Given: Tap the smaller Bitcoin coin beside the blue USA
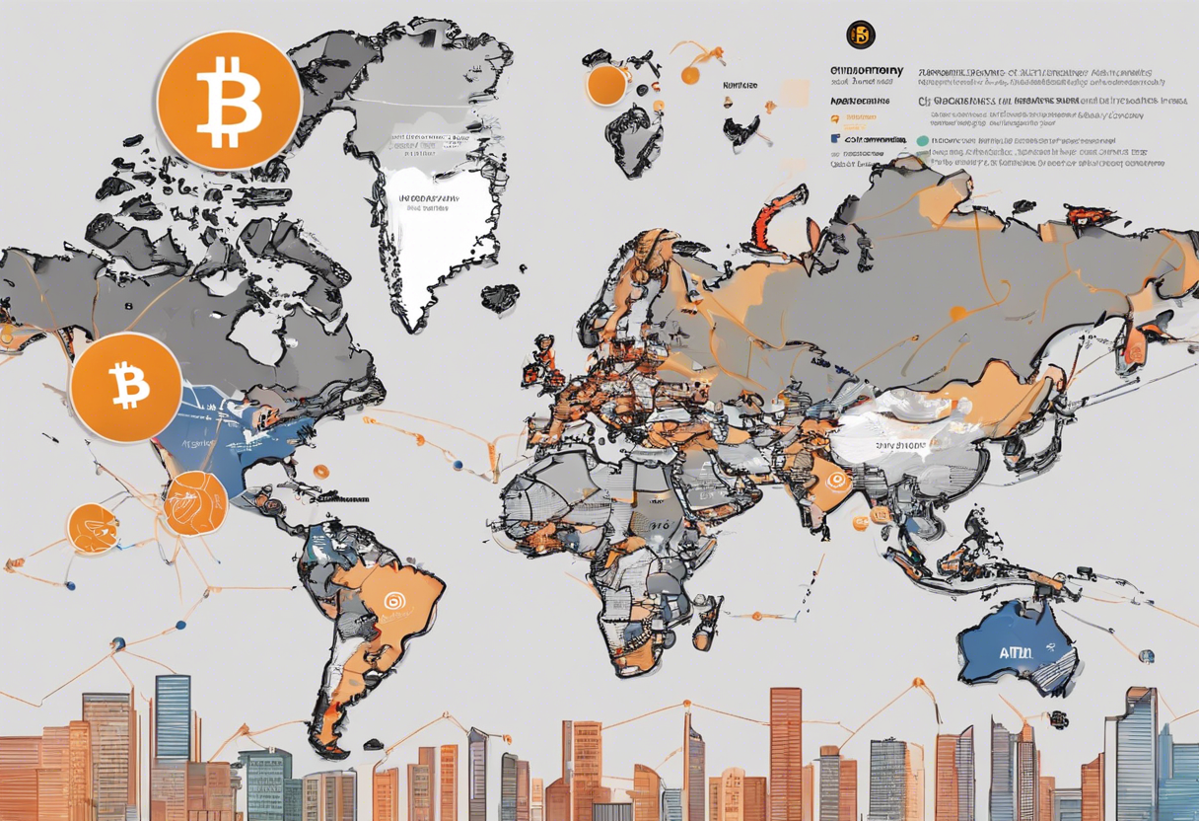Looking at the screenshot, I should [126, 387].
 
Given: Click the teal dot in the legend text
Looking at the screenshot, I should [922, 141].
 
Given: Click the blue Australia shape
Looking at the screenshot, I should [1016, 646].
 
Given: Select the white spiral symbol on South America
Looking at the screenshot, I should [394, 599].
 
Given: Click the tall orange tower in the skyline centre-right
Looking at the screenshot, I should [785, 750].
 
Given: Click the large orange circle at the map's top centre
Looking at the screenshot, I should [606, 85].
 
